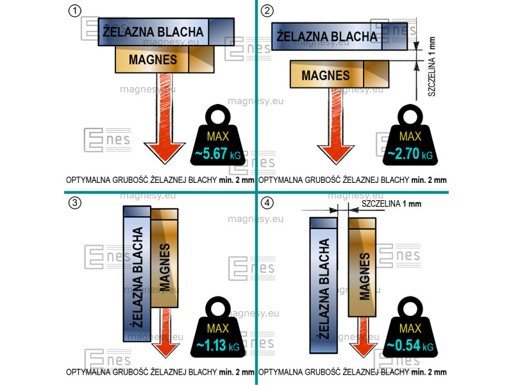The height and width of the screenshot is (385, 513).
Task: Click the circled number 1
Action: pos(76,11)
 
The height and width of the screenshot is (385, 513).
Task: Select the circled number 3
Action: pos(76,203)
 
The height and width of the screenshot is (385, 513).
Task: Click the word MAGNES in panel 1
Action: pos(152,60)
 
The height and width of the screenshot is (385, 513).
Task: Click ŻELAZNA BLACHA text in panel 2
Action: pos(326,36)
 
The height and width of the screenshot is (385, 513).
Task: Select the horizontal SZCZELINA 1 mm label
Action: pos(391,204)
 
